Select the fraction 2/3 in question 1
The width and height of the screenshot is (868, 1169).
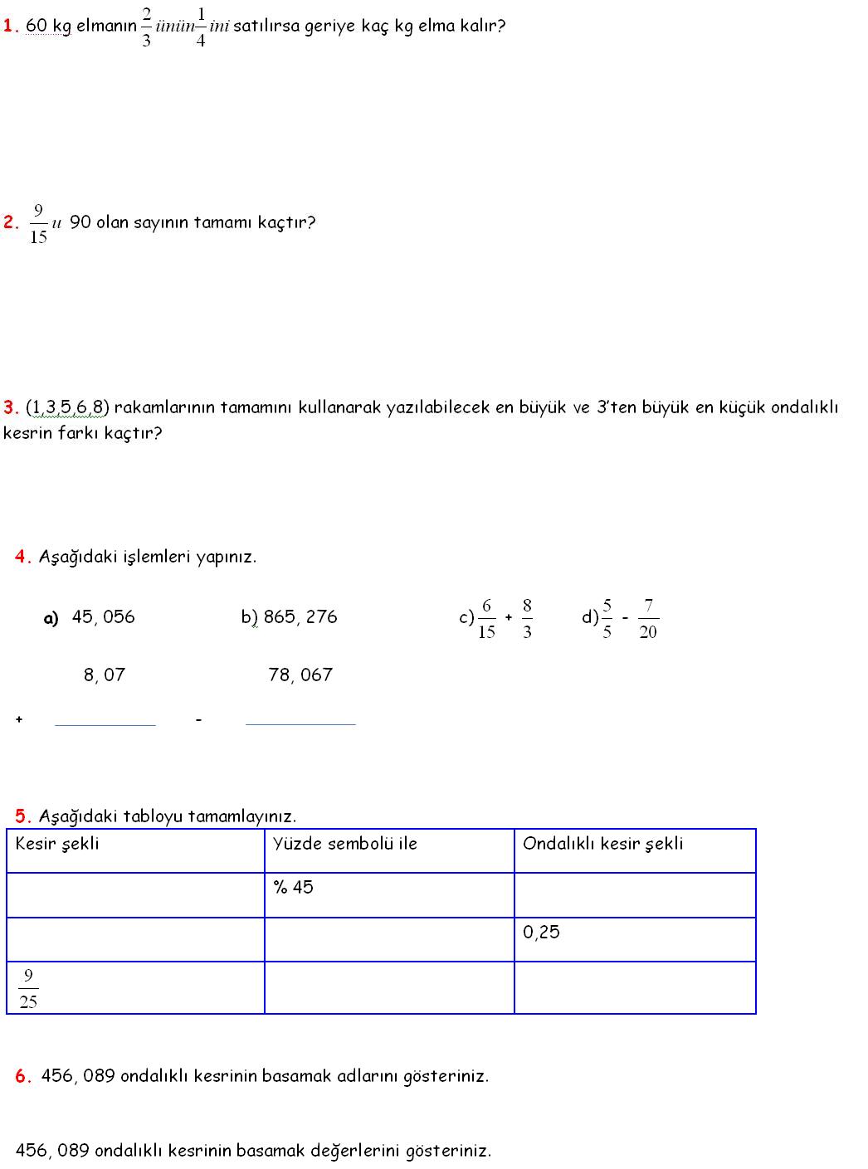click(146, 26)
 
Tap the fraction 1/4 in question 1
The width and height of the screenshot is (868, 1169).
click(200, 26)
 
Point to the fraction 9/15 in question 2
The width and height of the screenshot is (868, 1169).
click(38, 223)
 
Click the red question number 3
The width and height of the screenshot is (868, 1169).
click(11, 407)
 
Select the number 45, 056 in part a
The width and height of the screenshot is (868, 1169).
click(103, 616)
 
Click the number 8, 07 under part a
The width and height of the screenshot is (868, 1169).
click(105, 675)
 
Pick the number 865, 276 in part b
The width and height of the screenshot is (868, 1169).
click(300, 616)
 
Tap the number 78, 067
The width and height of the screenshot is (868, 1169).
click(300, 675)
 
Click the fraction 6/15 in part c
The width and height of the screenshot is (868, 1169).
click(486, 618)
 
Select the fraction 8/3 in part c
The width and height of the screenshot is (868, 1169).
click(527, 618)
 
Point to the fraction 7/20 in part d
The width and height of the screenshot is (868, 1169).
click(648, 618)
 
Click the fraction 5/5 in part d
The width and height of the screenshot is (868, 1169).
click(607, 618)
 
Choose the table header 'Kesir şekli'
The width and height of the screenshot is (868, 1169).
click(57, 844)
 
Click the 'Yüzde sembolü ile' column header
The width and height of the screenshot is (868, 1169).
click(345, 844)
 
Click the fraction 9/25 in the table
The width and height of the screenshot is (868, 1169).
click(28, 988)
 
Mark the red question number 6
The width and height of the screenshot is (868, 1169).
click(23, 1076)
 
